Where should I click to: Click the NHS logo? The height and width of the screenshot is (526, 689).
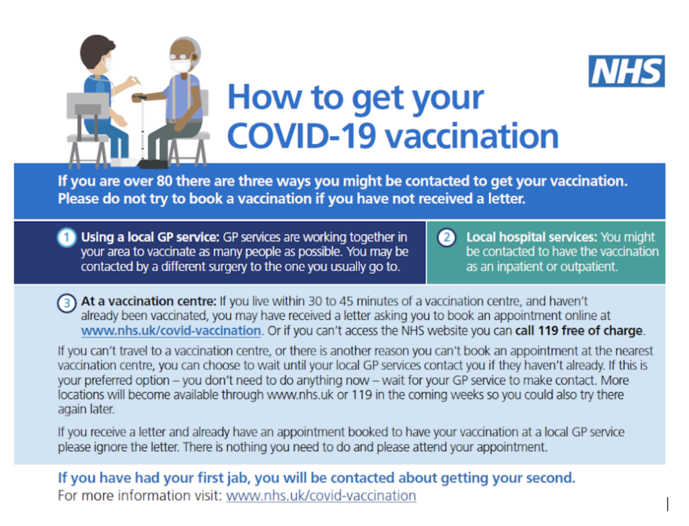pyautogui.click(x=626, y=71)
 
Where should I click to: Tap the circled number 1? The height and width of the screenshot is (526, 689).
pyautogui.click(x=67, y=238)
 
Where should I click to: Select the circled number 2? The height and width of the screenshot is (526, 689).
pyautogui.click(x=447, y=238)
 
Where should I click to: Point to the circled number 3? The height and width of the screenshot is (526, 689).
pyautogui.click(x=67, y=303)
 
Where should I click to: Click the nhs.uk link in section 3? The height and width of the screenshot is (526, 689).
pyautogui.click(x=171, y=331)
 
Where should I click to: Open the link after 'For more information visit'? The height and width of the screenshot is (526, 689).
pyautogui.click(x=321, y=496)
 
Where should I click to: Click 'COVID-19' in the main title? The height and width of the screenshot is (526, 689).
pyautogui.click(x=301, y=136)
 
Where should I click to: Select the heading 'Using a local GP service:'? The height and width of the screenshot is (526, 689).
pyautogui.click(x=150, y=237)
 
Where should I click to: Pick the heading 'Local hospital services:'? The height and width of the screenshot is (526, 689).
pyautogui.click(x=532, y=237)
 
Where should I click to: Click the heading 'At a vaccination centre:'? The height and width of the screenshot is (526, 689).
pyautogui.click(x=149, y=301)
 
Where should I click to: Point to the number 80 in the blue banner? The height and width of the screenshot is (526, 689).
pyautogui.click(x=164, y=181)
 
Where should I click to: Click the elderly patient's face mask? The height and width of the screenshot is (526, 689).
pyautogui.click(x=180, y=66)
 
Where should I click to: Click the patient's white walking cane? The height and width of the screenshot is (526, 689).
pyautogui.click(x=142, y=127)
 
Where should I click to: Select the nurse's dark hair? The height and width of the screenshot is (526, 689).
pyautogui.click(x=96, y=49)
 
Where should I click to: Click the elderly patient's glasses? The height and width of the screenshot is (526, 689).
pyautogui.click(x=180, y=57)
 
